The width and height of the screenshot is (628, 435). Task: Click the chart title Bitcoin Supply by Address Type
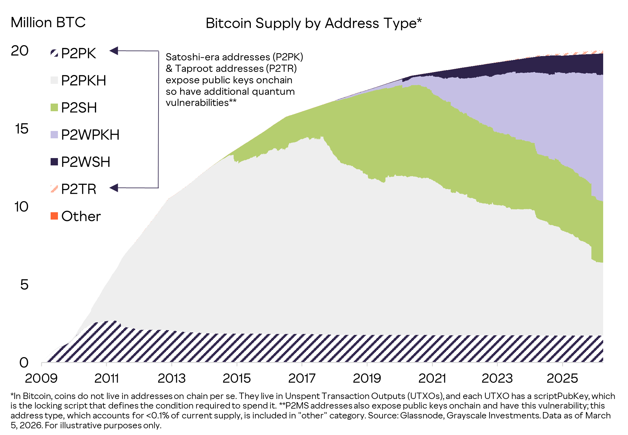coord(314,23)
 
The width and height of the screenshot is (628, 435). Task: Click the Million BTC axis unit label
coord(48,23)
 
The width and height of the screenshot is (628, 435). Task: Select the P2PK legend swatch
coord(54,53)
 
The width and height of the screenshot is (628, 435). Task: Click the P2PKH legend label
coord(83,80)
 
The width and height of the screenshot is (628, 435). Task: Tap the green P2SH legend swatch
coord(54,107)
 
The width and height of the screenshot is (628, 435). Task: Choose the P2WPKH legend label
coord(90,135)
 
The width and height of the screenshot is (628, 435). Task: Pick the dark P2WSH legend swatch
coord(54,162)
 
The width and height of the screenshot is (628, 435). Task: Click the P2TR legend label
coord(79,189)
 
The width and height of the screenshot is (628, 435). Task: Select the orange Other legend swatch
coord(54,216)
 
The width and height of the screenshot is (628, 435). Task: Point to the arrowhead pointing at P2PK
coord(114,51)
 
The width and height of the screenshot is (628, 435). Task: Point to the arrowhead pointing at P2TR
coord(114,188)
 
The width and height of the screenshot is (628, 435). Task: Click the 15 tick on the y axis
coord(22,129)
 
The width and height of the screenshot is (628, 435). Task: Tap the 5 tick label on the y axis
coord(24,285)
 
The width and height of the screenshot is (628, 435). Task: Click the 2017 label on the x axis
coord(301,378)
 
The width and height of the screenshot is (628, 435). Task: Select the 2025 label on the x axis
coord(562,378)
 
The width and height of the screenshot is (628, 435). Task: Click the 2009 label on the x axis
coord(41,378)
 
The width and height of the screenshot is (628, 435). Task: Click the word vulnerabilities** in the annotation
coord(201,103)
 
